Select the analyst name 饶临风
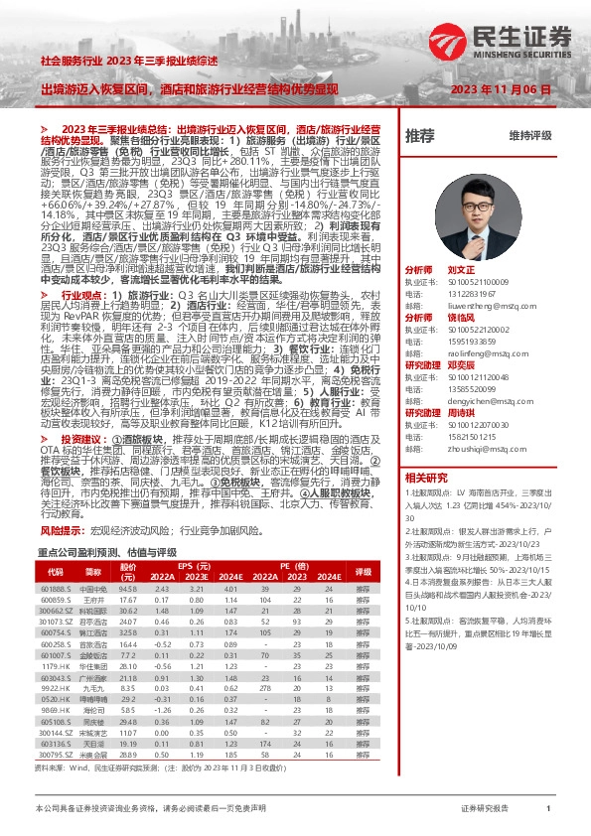(458, 325)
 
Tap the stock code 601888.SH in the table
(56, 589)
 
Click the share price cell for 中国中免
(127, 589)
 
